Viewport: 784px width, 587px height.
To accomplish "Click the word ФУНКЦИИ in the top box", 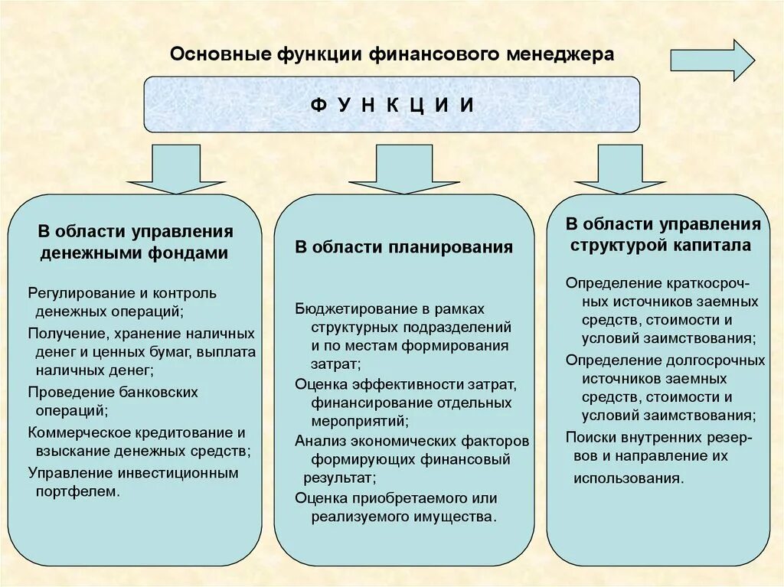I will [x=392, y=105].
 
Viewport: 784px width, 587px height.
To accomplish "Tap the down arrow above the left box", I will [x=176, y=169].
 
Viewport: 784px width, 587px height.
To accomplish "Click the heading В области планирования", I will [x=403, y=247].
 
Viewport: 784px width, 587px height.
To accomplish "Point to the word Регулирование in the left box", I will [x=74, y=293].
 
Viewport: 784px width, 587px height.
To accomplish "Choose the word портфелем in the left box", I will [x=77, y=491].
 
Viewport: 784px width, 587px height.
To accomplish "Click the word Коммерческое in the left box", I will [x=74, y=432].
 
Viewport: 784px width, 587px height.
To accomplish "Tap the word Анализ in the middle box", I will [x=316, y=441].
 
